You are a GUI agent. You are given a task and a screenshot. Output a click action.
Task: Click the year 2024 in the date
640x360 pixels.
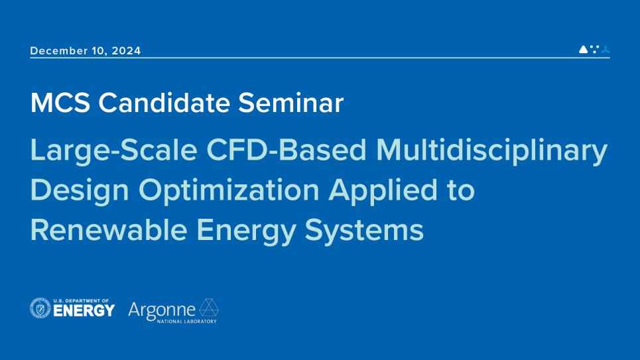[126, 50]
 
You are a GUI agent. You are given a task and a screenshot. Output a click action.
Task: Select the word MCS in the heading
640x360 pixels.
[60, 103]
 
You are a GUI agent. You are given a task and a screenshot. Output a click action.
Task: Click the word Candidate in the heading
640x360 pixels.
[164, 103]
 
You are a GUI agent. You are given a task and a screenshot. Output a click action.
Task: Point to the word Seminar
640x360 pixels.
[291, 103]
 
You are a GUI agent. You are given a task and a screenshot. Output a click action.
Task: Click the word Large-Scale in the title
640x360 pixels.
[114, 150]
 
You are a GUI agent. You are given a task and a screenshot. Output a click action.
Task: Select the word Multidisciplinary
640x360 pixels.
[492, 150]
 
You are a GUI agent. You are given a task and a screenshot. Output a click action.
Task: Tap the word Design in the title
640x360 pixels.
[80, 190]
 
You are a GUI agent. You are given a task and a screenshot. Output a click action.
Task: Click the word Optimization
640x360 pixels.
[229, 190]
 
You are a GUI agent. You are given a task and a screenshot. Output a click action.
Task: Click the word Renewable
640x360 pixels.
[109, 230]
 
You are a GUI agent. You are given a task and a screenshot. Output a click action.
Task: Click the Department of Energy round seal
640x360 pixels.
[40, 308]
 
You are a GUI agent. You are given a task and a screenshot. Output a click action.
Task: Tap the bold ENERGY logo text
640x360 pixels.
[84, 311]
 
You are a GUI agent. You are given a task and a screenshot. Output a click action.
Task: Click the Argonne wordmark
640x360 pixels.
[162, 311]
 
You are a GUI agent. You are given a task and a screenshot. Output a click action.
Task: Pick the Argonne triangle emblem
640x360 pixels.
[208, 308]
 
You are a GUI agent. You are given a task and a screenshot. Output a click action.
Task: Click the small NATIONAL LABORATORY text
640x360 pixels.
[187, 322]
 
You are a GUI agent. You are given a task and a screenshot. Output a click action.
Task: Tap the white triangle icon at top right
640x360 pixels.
[583, 49]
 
